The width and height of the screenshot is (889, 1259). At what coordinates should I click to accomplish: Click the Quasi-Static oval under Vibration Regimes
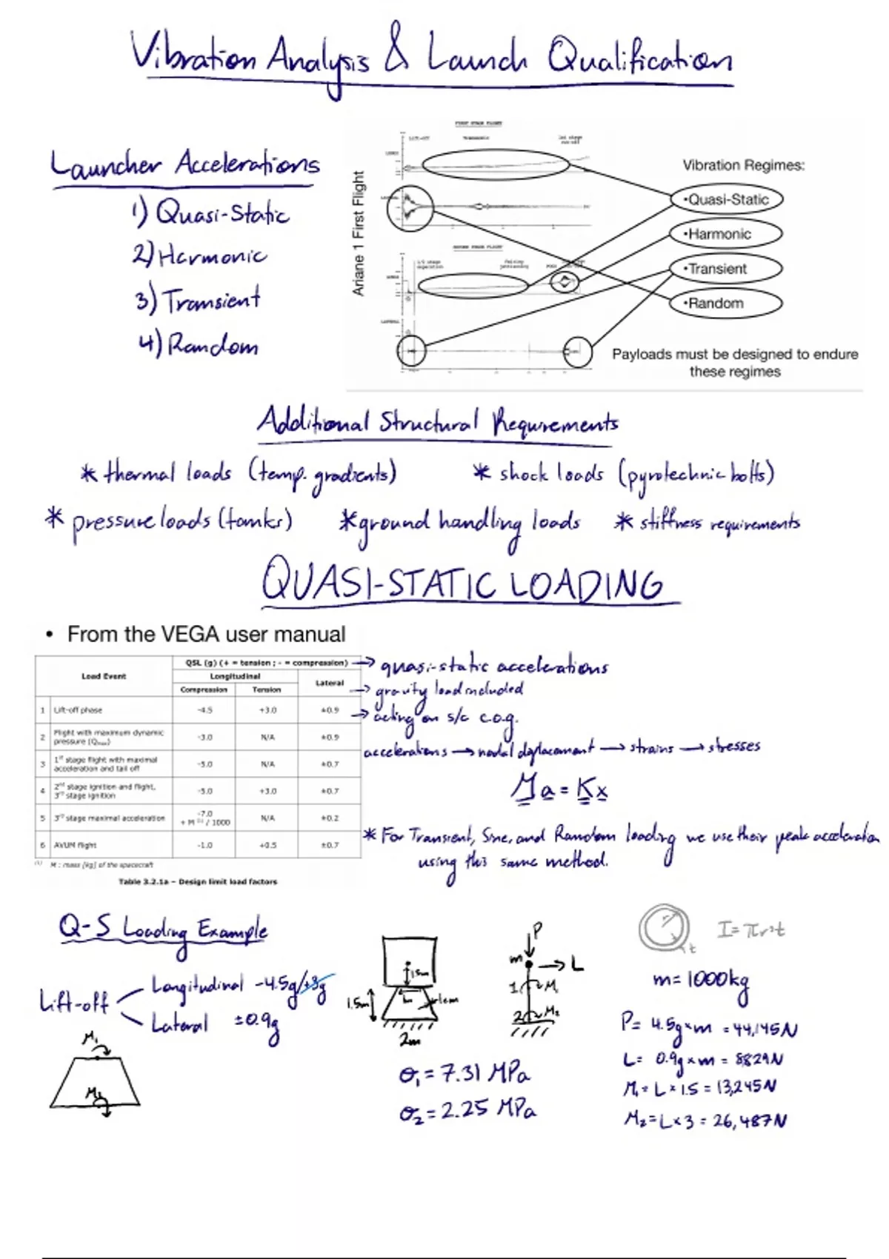727,199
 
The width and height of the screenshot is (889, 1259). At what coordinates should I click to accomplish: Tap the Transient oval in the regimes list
725,269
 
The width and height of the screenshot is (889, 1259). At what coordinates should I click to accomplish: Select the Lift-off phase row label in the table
78,709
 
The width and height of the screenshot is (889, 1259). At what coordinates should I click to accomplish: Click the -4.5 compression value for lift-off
204,709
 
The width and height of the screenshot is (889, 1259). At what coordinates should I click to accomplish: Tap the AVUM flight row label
75,844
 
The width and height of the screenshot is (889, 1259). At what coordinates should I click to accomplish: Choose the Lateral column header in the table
330,683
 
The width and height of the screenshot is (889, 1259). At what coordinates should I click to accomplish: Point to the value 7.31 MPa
465,1073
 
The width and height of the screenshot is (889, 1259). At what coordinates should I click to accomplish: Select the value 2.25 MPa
467,1110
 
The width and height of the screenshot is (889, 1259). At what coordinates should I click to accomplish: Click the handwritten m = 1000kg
701,981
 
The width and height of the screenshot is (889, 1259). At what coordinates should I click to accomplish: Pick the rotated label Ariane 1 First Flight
359,233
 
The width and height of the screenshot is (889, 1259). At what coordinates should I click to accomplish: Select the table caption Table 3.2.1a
198,881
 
